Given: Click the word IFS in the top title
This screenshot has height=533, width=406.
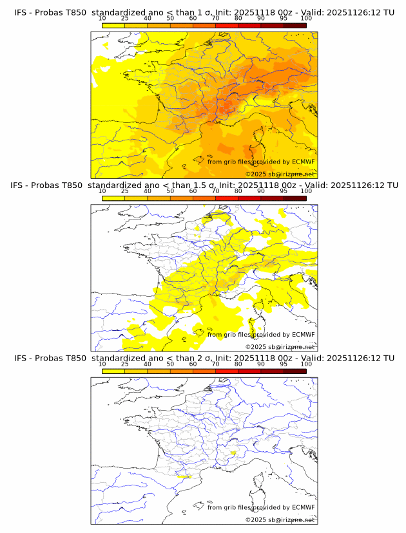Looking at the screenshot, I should pos(21,13).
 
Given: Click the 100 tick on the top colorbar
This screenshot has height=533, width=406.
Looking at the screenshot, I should pos(306,19).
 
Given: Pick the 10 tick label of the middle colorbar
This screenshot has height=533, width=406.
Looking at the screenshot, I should pos(102,191).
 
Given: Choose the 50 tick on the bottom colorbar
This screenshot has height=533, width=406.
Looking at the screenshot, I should pos(170,364).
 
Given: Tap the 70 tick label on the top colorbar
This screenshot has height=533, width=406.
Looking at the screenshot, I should pos(215,19).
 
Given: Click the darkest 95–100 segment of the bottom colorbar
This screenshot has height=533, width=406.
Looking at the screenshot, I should pos(295,371).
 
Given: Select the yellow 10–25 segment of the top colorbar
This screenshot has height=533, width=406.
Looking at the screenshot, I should pos(113,26).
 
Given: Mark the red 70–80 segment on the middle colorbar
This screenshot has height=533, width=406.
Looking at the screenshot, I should pos(226,198).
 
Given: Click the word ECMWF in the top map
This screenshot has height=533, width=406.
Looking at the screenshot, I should pos(303,162).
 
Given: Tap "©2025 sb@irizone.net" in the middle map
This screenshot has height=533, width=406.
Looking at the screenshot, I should pos(280,347).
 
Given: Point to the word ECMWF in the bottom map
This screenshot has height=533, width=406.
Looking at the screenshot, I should pos(303,507).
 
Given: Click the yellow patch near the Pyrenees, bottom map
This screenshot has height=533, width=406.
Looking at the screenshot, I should pos(186,477).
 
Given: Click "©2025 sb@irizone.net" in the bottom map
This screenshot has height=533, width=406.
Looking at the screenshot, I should pos(280,519).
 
